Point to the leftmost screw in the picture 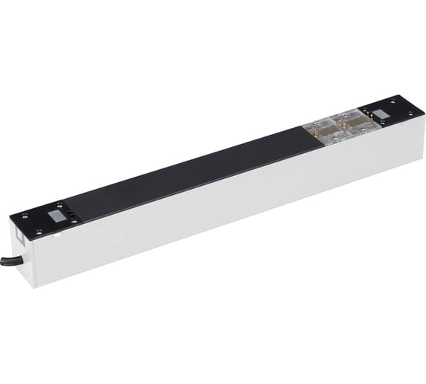tap(24, 216)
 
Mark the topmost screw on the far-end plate tap(393, 101)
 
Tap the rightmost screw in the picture tap(412, 115)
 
